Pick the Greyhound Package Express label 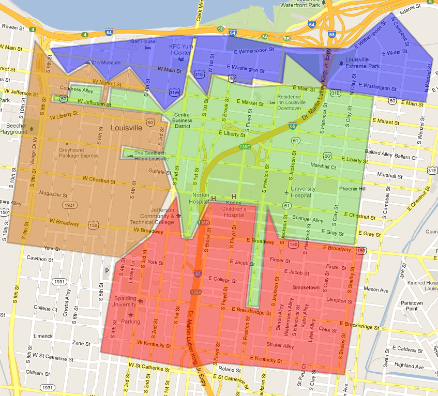click(78, 153)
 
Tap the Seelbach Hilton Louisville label click(152, 156)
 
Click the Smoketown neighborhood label click(306, 287)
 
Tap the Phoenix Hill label click(352, 189)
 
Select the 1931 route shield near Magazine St click(70, 205)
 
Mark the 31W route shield click(175, 93)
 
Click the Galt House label click(143, 41)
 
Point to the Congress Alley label click(78, 89)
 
